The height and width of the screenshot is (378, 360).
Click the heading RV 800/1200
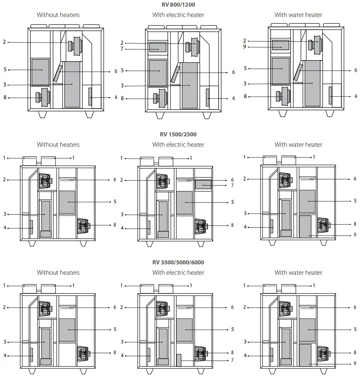tap(178, 5)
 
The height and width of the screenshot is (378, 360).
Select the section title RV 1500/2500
tap(178, 134)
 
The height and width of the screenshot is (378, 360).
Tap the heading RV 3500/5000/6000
tap(178, 262)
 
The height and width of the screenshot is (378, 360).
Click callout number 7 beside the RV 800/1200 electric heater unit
tap(122, 49)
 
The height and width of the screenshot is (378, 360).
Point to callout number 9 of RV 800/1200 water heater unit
tap(245, 47)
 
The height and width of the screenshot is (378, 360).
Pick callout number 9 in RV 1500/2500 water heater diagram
tap(355, 235)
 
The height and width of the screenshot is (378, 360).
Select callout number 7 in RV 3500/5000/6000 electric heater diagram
tap(232, 360)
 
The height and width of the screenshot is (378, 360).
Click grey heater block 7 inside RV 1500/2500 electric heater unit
tap(203, 185)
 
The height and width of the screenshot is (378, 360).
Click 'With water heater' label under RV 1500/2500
tap(298, 144)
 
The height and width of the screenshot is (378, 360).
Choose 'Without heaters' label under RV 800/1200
tap(58, 15)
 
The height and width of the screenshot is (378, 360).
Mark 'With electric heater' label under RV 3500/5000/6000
tap(178, 272)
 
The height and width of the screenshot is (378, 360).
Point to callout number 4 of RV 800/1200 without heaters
tap(116, 97)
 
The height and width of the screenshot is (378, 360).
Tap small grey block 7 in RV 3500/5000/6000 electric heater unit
tap(179, 360)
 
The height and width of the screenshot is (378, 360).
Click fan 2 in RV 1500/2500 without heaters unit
tap(45, 180)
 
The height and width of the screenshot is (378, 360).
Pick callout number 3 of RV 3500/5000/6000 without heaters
tap(5, 342)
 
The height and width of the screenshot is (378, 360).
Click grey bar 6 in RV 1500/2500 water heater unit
tap(307, 178)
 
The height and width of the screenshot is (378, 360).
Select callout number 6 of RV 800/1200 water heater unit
tap(356, 71)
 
